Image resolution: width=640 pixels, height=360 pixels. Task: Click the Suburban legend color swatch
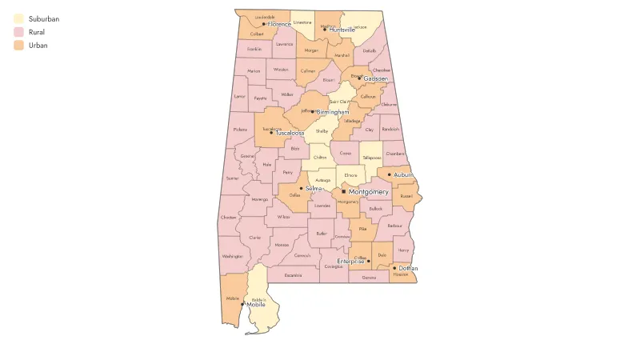(x=18, y=18)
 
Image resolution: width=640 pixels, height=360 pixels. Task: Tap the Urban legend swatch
(x=18, y=46)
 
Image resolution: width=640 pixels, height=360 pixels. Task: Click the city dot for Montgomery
(x=343, y=192)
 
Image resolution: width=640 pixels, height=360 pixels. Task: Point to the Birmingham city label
(x=334, y=112)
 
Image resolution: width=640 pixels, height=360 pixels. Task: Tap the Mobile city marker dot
(x=242, y=304)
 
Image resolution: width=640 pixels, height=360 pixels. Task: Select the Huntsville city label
(x=342, y=30)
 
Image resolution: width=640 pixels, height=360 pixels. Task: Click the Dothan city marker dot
(x=394, y=268)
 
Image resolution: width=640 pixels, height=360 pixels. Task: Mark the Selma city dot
(x=301, y=188)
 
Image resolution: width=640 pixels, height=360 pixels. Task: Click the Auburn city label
(x=404, y=174)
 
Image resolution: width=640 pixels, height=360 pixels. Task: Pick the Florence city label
(x=280, y=24)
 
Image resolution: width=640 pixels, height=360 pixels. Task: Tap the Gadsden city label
(x=375, y=79)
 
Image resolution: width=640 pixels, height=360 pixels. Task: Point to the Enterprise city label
(x=350, y=261)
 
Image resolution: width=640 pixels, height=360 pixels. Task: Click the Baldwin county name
(x=259, y=299)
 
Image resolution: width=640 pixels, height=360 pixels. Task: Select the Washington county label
(x=233, y=256)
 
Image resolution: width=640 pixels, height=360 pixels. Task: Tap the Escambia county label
(x=293, y=275)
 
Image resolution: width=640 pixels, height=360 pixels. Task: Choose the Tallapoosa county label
(x=370, y=158)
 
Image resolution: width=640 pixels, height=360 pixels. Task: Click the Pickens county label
(x=240, y=129)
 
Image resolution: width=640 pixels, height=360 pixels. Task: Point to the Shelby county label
(x=322, y=130)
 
